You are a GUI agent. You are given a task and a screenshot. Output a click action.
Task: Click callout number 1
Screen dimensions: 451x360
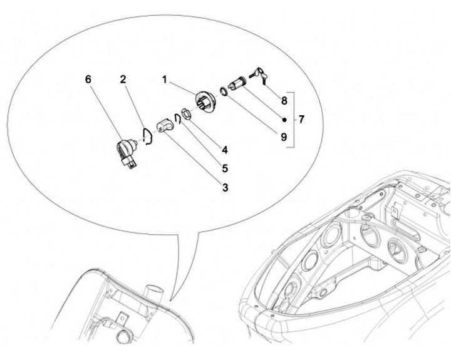pyautogui.click(x=165, y=80)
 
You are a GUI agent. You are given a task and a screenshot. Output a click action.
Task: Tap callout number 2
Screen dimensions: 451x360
pyautogui.click(x=123, y=80)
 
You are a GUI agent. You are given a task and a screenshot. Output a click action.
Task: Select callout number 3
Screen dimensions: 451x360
pyautogui.click(x=225, y=187)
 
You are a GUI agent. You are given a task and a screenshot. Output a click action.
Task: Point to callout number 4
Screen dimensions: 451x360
pyautogui.click(x=225, y=150)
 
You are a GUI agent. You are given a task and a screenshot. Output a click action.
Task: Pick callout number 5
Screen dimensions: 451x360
pyautogui.click(x=225, y=168)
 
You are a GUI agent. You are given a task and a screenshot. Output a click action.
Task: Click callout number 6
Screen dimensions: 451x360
pyautogui.click(x=88, y=80)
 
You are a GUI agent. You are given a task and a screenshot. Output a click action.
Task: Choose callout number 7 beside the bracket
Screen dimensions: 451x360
pyautogui.click(x=301, y=119)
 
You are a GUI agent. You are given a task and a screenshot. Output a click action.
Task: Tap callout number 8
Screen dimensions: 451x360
pyautogui.click(x=284, y=101)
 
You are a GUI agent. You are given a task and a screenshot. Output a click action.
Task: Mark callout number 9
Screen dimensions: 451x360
pyautogui.click(x=284, y=137)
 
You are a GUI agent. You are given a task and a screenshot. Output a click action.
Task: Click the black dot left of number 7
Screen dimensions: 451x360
pyautogui.click(x=284, y=120)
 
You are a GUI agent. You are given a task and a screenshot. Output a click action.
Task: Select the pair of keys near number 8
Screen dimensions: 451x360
pyautogui.click(x=259, y=75)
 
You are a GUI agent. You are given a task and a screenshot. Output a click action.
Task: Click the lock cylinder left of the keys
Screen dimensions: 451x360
pyautogui.click(x=237, y=84)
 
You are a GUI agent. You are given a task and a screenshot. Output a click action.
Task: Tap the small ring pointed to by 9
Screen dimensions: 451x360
pyautogui.click(x=224, y=91)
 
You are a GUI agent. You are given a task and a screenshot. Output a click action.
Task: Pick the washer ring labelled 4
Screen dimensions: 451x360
pyautogui.click(x=186, y=113)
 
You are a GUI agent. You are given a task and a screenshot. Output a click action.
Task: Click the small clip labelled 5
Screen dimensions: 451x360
pyautogui.click(x=177, y=118)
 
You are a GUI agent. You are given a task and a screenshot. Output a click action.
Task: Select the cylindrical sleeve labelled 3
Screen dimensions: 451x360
pyautogui.click(x=165, y=127)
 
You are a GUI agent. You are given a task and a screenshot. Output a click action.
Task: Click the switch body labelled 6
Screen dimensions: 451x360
pyautogui.click(x=127, y=152)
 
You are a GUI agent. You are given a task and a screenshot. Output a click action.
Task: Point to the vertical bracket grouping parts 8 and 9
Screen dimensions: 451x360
pyautogui.click(x=294, y=120)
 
